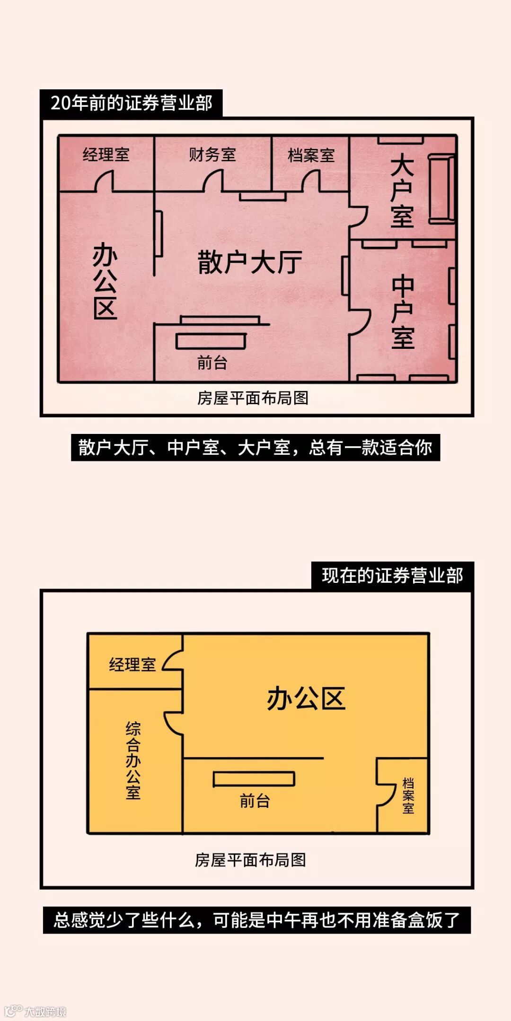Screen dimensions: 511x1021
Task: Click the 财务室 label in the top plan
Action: [212, 155]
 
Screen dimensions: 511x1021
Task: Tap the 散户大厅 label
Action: [250, 263]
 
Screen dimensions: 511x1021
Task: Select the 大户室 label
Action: [402, 191]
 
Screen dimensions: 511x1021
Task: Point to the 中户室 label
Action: [403, 312]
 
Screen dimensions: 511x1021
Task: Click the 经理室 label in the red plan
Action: [106, 155]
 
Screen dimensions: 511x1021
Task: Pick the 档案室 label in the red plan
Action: [311, 155]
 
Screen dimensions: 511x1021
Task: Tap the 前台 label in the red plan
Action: [212, 363]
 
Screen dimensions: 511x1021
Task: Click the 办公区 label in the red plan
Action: [105, 282]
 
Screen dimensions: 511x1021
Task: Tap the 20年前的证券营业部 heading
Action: [131, 103]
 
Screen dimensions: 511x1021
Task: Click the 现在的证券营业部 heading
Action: [392, 576]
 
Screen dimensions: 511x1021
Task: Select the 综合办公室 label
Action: [133, 761]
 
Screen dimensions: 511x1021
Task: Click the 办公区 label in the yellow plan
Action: [306, 699]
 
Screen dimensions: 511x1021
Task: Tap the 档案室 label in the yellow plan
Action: [408, 796]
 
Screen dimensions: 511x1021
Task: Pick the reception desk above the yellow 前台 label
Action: [254, 779]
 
